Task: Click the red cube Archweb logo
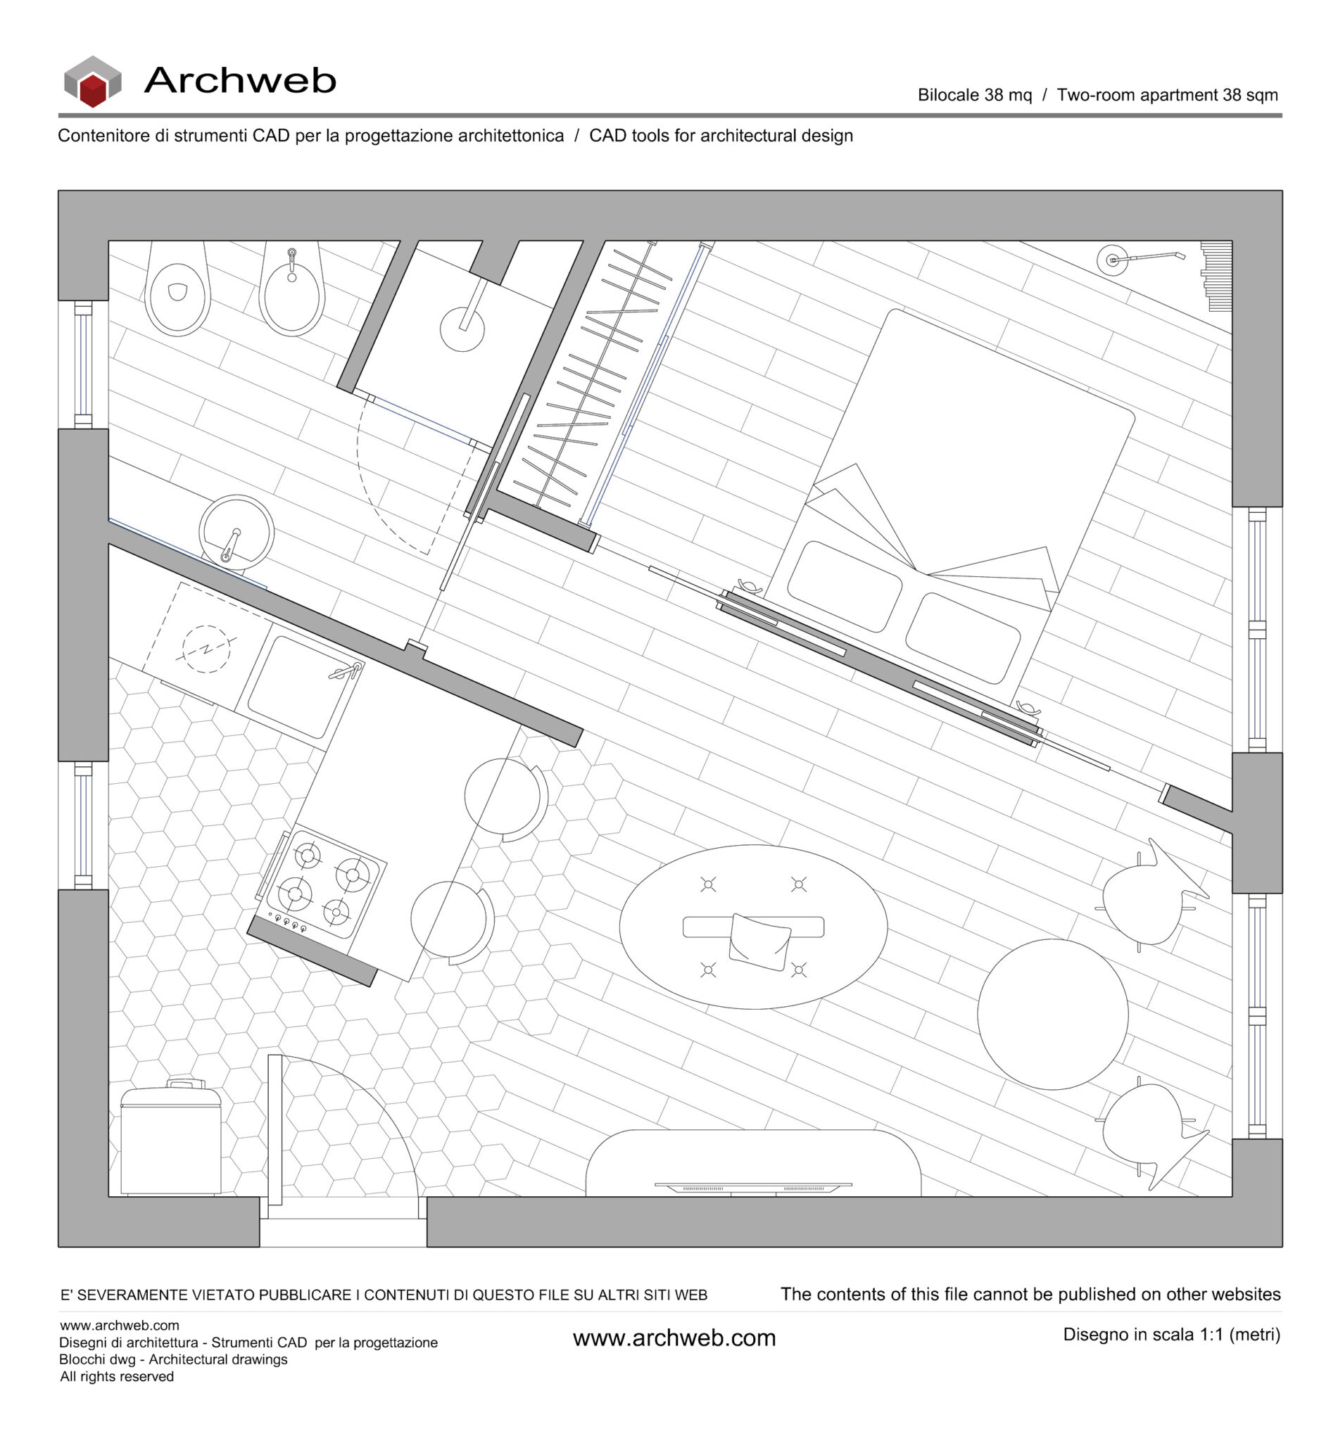point(93,82)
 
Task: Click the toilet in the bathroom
point(177,296)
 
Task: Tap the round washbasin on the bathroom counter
point(236,531)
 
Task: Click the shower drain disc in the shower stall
point(462,329)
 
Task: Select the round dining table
point(1052,1014)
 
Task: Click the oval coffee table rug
point(753,927)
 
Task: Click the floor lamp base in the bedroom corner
point(1112,260)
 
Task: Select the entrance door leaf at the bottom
point(274,1130)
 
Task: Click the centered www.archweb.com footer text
point(674,1338)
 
